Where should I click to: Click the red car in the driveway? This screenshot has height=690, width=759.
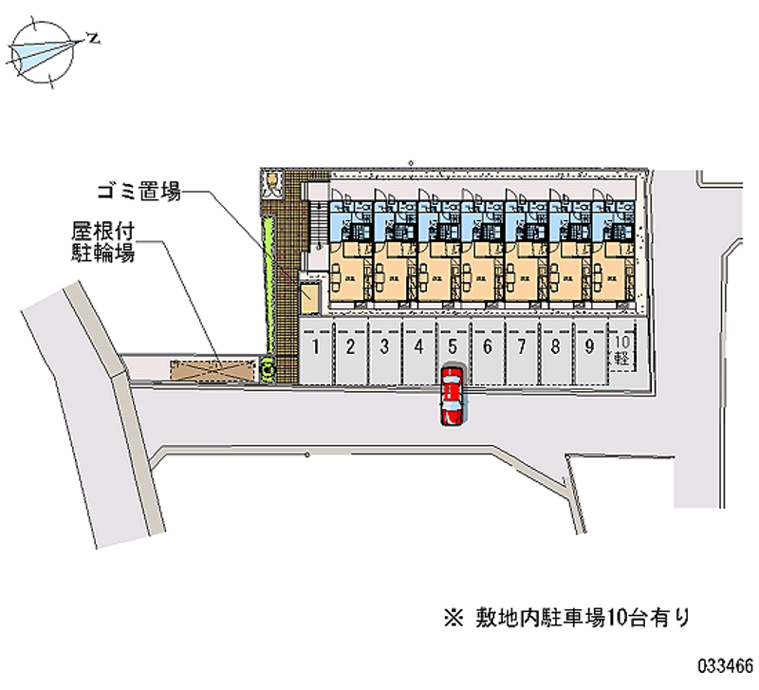[x=453, y=397]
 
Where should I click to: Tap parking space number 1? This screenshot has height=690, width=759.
[x=316, y=348]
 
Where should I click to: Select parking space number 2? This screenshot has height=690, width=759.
[x=350, y=348]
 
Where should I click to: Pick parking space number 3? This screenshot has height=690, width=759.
[x=384, y=348]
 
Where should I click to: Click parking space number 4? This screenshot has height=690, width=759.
[x=418, y=348]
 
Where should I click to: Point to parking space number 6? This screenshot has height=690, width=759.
[x=487, y=348]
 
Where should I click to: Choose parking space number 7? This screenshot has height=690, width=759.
[x=521, y=348]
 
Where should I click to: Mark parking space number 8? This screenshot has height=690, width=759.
[x=555, y=348]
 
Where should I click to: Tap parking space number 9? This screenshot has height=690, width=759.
[x=589, y=348]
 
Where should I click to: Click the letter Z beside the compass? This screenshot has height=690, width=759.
[x=93, y=38]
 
